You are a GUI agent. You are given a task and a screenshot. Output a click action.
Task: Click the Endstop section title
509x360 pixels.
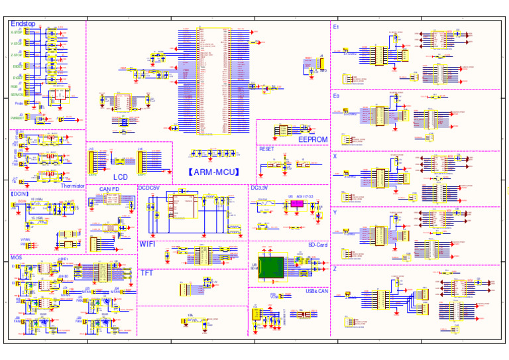23,24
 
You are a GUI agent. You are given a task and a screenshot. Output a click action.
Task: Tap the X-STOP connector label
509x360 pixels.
16,32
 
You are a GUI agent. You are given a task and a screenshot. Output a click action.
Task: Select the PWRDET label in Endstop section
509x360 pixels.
17,117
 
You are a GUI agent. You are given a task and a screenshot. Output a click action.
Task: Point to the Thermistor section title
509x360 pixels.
73,186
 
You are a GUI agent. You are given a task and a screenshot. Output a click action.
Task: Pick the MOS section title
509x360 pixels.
17,257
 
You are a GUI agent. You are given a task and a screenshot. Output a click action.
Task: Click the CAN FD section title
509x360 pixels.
109,189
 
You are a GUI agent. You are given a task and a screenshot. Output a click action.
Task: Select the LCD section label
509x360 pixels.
120,177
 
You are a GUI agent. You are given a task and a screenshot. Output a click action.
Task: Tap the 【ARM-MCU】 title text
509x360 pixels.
213,172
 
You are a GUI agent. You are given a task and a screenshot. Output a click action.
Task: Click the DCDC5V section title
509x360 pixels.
149,188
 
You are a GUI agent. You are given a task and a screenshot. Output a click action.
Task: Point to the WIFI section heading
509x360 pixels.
148,244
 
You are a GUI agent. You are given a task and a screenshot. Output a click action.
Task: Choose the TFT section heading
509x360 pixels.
146,272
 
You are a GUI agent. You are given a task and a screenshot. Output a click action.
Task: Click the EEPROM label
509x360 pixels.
312,140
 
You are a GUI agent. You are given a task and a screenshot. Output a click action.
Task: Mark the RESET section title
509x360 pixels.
266,149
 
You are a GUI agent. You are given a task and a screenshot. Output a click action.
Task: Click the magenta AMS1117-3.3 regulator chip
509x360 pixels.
296,204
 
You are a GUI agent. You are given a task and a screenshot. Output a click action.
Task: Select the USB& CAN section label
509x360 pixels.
316,290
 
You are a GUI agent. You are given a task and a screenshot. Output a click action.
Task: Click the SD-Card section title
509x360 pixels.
317,245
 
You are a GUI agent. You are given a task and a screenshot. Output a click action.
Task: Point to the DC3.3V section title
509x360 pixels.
259,188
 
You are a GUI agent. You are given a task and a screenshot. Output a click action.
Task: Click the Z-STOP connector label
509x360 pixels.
16,54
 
